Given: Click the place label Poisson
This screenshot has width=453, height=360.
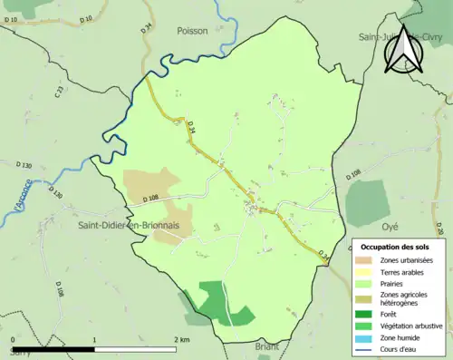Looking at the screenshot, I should click(x=192, y=30).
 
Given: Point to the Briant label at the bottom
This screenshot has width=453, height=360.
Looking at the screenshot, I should click(x=267, y=346).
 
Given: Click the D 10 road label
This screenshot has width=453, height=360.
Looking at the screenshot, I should click(x=86, y=18).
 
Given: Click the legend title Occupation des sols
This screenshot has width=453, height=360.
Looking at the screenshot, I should click(x=394, y=247).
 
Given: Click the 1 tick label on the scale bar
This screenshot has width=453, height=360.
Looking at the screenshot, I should click(x=94, y=339).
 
